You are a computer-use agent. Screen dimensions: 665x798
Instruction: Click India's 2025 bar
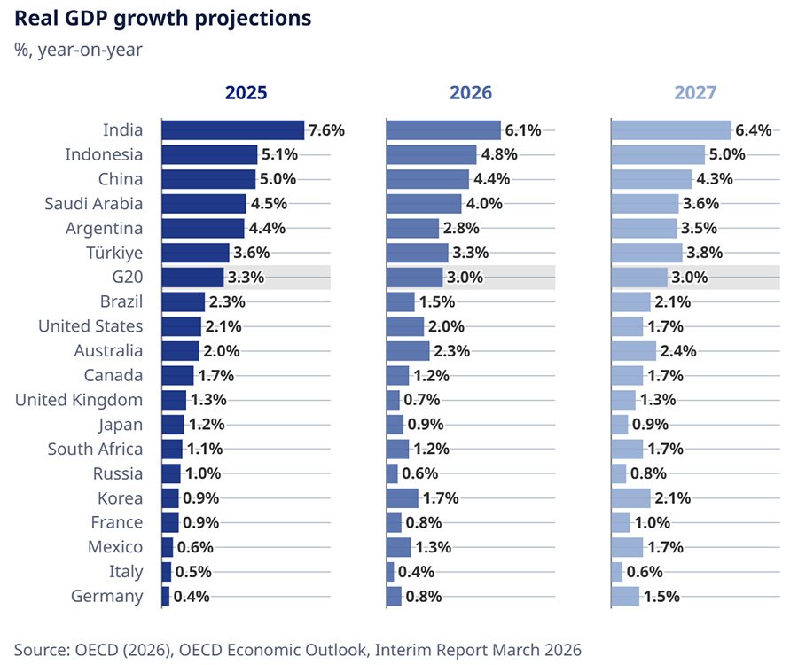232,130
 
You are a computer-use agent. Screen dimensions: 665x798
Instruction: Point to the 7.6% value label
325,130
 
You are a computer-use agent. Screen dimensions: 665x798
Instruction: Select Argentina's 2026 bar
412,228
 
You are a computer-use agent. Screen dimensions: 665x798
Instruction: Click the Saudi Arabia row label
93,204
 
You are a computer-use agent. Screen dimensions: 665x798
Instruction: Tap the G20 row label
125,278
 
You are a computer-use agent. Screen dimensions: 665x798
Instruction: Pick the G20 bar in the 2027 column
639,278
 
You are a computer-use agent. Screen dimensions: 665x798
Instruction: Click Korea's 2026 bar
402,497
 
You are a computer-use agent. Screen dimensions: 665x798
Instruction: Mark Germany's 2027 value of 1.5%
661,596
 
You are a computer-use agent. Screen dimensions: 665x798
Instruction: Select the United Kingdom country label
79,400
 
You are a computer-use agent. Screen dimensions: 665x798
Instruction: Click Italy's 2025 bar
166,571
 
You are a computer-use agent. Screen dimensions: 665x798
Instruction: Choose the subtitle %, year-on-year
78,49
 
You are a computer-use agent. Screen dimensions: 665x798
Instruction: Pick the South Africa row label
95,449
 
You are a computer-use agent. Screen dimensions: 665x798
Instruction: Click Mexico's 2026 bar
398,547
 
